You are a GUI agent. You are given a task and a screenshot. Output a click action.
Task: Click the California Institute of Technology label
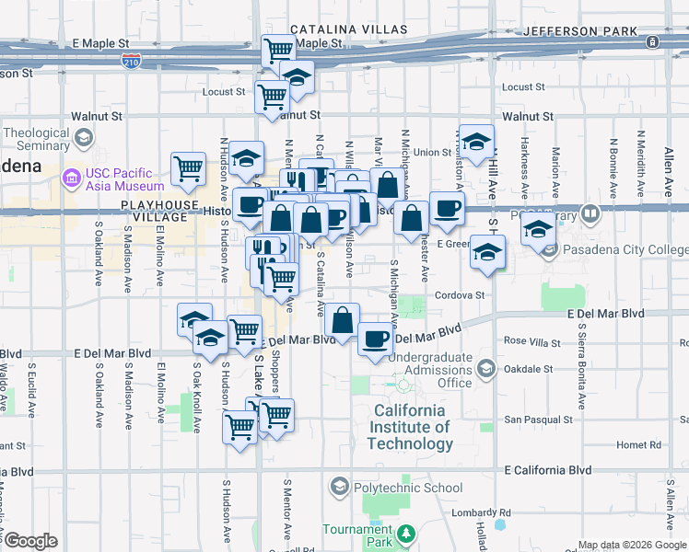[409, 427]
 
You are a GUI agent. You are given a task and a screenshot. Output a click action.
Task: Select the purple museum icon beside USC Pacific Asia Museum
[71, 175]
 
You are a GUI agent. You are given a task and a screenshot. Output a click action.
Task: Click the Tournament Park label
[356, 535]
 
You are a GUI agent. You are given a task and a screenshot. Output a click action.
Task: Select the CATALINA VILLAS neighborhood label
[347, 30]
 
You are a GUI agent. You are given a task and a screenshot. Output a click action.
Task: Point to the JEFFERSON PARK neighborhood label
[580, 30]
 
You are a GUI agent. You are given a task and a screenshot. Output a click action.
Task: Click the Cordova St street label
[461, 295]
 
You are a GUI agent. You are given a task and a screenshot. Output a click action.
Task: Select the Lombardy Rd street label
[480, 512]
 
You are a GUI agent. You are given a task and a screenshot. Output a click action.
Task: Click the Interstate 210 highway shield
[131, 62]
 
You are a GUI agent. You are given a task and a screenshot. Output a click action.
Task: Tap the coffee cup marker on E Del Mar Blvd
[375, 339]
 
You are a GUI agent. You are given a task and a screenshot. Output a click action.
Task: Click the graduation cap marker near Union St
[476, 143]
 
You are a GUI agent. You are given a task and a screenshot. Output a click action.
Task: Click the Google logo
[30, 541]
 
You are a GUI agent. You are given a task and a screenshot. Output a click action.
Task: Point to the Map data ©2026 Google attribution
[632, 545]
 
